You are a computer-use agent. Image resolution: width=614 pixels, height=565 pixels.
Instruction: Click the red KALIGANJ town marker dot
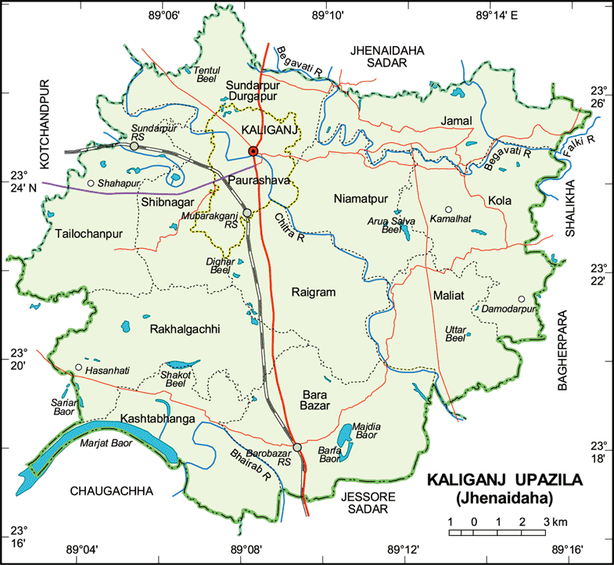[x=253, y=151]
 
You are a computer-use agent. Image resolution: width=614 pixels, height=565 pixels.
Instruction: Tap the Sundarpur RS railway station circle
[x=135, y=146]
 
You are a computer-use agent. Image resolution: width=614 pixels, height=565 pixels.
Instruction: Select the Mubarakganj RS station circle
[x=247, y=212]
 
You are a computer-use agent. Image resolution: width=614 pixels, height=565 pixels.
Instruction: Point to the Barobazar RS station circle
[x=297, y=447]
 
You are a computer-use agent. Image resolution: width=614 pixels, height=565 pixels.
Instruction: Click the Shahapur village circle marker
[x=91, y=183]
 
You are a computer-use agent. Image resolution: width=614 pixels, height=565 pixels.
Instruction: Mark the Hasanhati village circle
[x=78, y=368]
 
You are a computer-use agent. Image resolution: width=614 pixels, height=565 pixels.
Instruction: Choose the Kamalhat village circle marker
[x=448, y=209]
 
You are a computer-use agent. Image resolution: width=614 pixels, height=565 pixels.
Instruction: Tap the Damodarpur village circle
[x=520, y=299]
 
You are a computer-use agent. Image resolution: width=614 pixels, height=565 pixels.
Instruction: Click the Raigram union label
[x=313, y=292]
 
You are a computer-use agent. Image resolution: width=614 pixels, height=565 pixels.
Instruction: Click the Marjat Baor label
[x=107, y=443]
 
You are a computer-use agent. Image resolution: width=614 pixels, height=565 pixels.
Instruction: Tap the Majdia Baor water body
[x=346, y=434]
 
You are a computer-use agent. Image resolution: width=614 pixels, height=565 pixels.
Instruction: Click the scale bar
[x=497, y=532]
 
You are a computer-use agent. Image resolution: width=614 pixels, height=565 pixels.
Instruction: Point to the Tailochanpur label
[x=89, y=233]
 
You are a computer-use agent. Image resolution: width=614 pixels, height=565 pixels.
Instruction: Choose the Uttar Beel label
[x=454, y=333]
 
